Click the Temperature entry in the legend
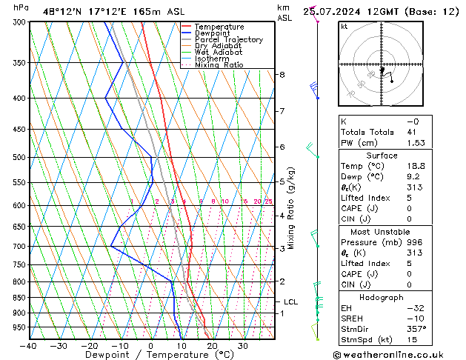(x=219, y=27)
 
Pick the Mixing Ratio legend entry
(x=219, y=65)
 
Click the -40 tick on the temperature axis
(x=29, y=346)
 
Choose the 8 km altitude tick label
(x=282, y=75)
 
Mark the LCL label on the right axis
(x=291, y=301)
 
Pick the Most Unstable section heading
(x=382, y=232)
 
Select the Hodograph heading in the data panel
(x=382, y=297)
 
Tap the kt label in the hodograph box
(x=344, y=27)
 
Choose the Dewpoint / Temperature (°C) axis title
(x=151, y=356)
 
